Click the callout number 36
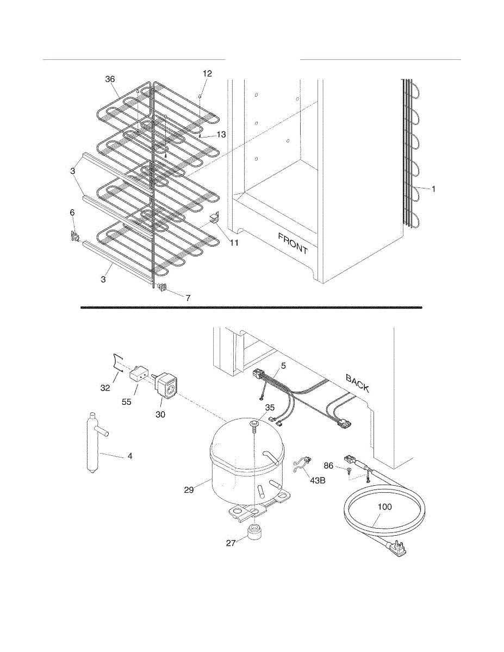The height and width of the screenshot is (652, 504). (x=110, y=79)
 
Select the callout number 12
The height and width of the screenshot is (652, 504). (x=208, y=73)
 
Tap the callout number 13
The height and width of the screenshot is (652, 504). (x=221, y=134)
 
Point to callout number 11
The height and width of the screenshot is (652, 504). (x=234, y=242)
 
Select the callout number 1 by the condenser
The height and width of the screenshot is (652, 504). (x=433, y=189)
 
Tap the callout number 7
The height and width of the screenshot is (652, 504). (x=188, y=298)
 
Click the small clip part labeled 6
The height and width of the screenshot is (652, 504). (x=74, y=236)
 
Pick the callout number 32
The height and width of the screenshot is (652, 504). (x=105, y=388)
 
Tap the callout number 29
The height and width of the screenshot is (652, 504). (x=189, y=490)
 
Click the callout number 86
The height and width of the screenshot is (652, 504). (x=328, y=465)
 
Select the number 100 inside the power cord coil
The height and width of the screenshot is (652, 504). (x=384, y=506)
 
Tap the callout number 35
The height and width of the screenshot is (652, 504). (x=270, y=407)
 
